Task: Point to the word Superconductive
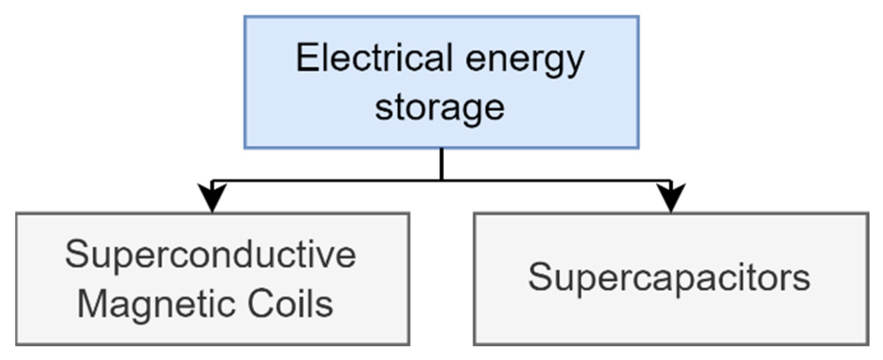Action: pyautogui.click(x=211, y=255)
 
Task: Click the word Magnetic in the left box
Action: pyautogui.click(x=156, y=304)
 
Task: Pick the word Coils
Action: pyautogui.click(x=290, y=304)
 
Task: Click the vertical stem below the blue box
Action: pyautogui.click(x=441, y=164)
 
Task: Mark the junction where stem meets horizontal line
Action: pyautogui.click(x=441, y=180)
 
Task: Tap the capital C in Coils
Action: pyautogui.click(x=260, y=304)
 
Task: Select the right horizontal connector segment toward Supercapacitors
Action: pyautogui.click(x=557, y=180)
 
